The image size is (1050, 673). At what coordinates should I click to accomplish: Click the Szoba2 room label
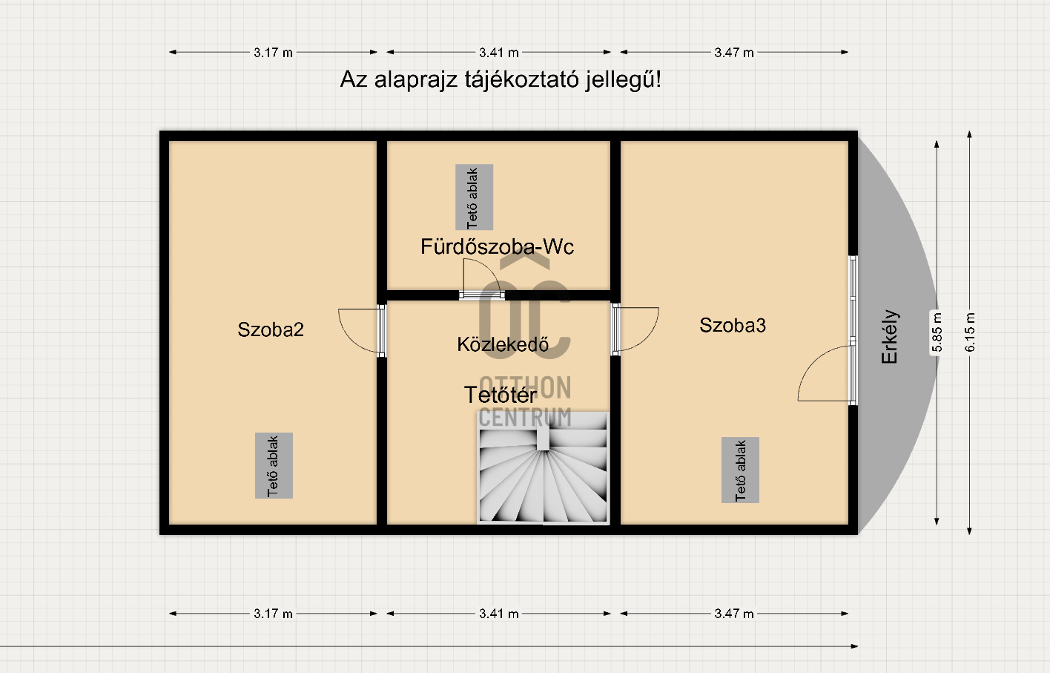coord(271,329)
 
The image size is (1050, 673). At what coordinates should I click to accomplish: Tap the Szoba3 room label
coord(733,326)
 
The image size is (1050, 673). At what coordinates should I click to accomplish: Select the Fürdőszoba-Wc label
coord(497,246)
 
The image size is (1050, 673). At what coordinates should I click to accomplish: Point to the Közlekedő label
coord(503,344)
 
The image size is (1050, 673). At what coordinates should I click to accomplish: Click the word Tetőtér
coord(500,395)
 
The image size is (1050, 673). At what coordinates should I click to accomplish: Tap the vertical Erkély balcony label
coord(889,336)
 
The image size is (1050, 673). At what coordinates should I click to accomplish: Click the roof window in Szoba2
coord(274,466)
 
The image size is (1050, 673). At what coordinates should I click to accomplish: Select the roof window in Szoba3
coord(740,470)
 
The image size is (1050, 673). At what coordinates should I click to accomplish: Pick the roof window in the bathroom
coord(474,197)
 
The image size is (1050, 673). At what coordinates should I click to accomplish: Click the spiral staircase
coord(543,468)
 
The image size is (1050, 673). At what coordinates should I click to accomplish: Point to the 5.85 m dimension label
coord(937,332)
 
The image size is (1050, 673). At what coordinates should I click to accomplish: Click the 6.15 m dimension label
coord(969,332)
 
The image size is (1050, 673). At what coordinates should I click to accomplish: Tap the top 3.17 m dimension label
coord(273,53)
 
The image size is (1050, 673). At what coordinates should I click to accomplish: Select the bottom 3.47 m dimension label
coord(733,614)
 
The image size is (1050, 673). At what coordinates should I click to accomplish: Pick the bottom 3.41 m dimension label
coord(499,614)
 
